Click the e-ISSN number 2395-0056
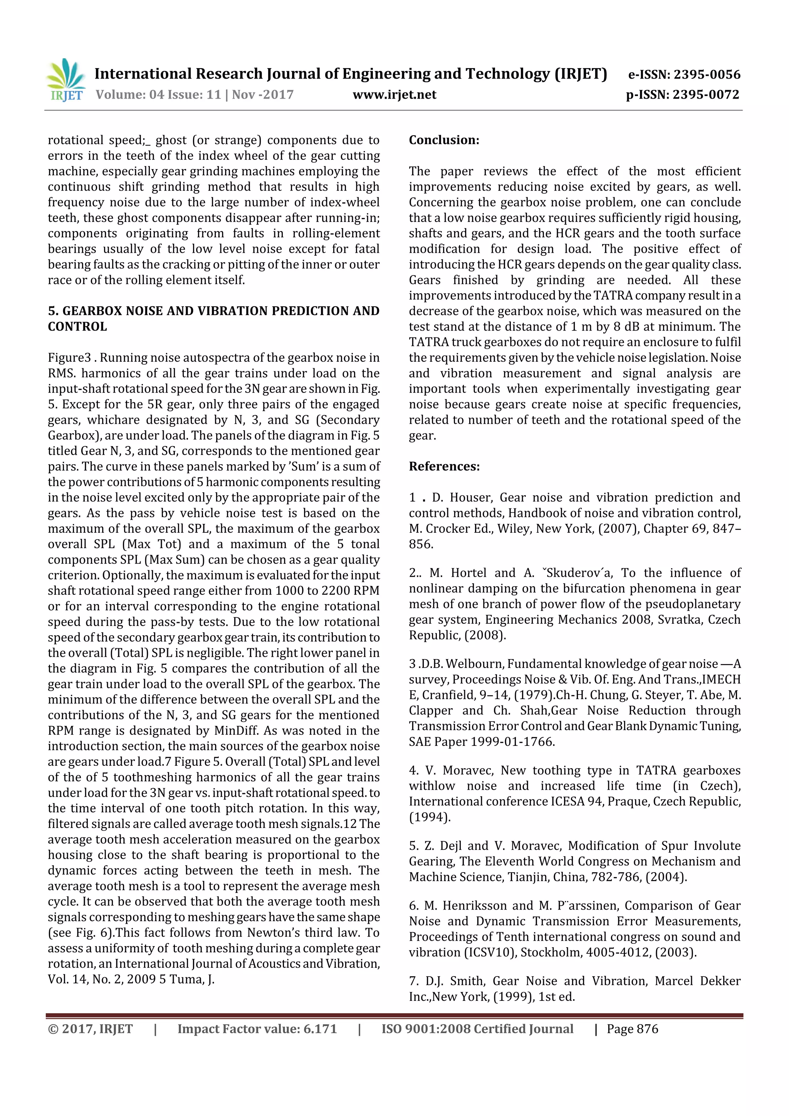pyautogui.click(x=706, y=74)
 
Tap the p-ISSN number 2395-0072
pyautogui.click(x=705, y=95)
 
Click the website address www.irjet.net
pyautogui.click(x=394, y=95)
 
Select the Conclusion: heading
pyautogui.click(x=444, y=140)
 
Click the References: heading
pyautogui.click(x=444, y=467)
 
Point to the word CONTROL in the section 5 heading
pyautogui.click(x=77, y=327)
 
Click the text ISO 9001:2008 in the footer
pyautogui.click(x=426, y=1029)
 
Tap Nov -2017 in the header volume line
pyautogui.click(x=262, y=95)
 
